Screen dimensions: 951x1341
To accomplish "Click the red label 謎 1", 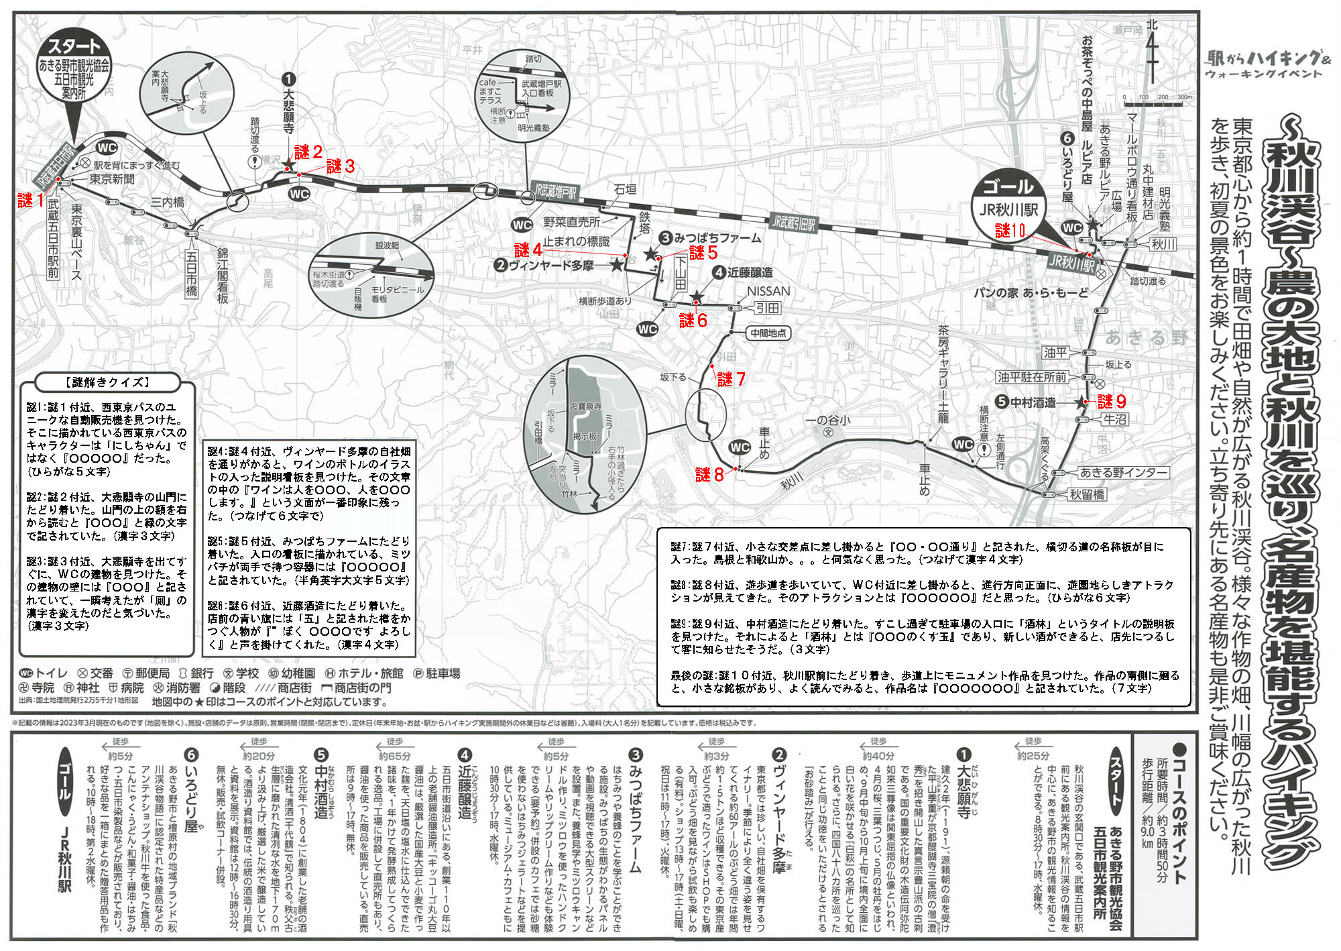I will (31, 200).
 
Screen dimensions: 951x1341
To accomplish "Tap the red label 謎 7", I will (731, 380).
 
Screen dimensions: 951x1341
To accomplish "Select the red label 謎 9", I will (1112, 402).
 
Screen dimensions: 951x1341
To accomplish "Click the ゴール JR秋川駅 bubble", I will (1008, 199).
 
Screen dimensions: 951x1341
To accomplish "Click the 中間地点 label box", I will (768, 333).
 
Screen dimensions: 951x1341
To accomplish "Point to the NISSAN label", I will (768, 291).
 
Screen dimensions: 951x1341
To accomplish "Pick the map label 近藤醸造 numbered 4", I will (742, 272).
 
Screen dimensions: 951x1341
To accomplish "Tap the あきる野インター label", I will (1122, 473).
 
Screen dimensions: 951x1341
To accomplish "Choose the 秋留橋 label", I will (1087, 495).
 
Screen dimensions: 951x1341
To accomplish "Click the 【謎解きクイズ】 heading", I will (108, 382).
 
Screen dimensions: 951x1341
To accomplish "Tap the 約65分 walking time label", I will (395, 755).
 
